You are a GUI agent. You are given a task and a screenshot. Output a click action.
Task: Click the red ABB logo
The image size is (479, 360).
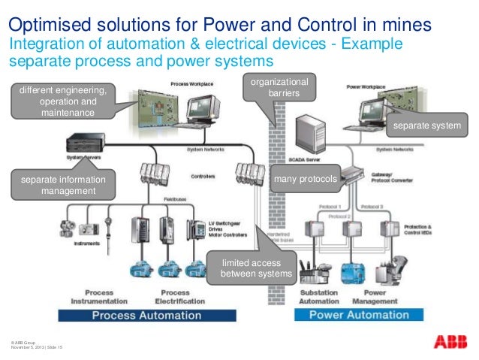(448, 341)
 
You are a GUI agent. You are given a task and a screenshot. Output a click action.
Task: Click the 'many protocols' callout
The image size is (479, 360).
(304, 179)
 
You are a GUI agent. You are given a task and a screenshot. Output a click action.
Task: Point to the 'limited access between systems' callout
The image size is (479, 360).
(255, 268)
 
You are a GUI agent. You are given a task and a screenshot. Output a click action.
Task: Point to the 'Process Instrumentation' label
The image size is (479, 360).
(98, 296)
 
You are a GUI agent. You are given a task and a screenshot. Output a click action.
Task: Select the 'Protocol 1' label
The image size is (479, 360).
(329, 206)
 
